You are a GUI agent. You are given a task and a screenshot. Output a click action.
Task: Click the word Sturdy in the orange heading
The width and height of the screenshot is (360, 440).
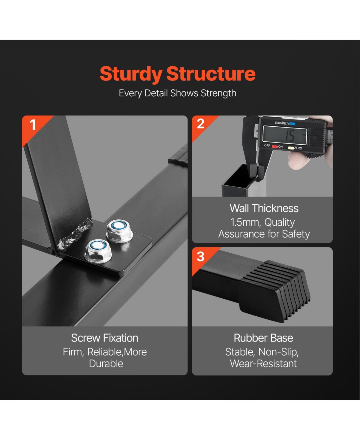click(131, 74)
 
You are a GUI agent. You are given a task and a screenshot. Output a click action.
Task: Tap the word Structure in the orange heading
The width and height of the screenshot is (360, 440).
click(211, 74)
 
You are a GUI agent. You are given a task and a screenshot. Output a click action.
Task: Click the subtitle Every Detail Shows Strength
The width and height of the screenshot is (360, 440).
click(178, 93)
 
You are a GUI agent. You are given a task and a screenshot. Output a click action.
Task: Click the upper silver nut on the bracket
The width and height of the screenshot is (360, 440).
click(119, 231)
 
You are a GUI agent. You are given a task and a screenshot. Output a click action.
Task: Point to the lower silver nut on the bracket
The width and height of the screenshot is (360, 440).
click(98, 251)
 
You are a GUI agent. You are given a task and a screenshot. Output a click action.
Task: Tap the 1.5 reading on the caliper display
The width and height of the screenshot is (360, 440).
click(290, 136)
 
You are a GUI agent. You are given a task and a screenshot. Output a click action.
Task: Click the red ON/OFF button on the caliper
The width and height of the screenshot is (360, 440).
click(275, 146)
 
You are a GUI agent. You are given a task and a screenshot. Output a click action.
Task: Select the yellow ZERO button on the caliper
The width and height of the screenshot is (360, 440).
click(291, 148)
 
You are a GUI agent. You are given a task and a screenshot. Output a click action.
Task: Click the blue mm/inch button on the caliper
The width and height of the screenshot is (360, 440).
click(292, 124)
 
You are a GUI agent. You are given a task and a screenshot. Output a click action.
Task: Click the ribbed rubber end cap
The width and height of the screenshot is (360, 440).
click(275, 291)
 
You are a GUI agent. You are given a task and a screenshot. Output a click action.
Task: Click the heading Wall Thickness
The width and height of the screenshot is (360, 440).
click(264, 208)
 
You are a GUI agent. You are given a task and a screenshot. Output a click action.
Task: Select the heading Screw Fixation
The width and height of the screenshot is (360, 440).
click(104, 338)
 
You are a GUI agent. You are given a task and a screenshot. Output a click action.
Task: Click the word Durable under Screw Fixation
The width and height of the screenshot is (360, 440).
click(106, 363)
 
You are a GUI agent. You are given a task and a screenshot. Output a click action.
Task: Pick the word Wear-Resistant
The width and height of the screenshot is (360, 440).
click(263, 363)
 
